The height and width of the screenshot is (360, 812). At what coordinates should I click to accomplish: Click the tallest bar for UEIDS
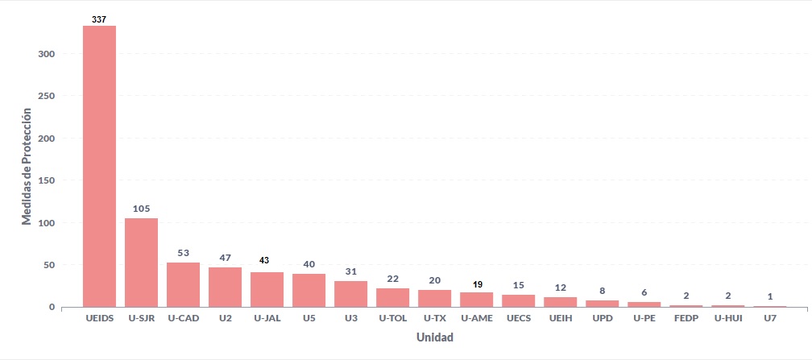[x=99, y=166]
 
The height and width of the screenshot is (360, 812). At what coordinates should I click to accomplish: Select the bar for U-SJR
[x=141, y=263]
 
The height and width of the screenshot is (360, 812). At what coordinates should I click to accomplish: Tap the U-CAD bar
[x=183, y=284]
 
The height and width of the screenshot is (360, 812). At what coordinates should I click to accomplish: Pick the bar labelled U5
[x=309, y=290]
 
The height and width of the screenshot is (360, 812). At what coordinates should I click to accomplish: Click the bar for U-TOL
[x=392, y=297]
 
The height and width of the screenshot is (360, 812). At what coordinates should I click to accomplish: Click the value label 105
[x=141, y=209]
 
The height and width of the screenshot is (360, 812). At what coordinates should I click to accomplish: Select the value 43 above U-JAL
[x=267, y=260]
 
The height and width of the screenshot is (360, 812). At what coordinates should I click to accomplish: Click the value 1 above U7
[x=769, y=296]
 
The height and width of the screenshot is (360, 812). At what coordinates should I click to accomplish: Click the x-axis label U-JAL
[x=267, y=319]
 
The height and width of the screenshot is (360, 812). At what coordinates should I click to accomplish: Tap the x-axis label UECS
[x=518, y=319]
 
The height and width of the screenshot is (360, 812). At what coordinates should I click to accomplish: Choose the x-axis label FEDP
[x=686, y=319]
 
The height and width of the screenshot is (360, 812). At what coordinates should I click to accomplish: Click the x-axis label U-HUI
[x=727, y=319]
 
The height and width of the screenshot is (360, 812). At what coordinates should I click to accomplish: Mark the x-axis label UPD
[x=602, y=319]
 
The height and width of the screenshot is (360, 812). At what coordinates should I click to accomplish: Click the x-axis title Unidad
[x=434, y=337]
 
